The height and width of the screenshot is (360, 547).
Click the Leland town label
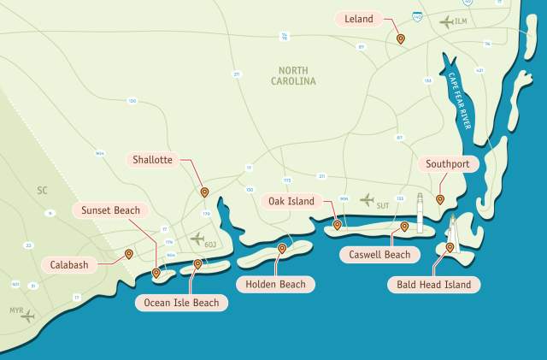tap(359, 18)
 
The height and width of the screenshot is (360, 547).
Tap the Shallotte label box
tap(153, 160)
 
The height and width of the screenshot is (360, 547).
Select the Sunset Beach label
tap(110, 210)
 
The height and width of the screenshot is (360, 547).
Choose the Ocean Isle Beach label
tap(181, 303)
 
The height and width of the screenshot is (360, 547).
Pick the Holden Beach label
tap(274, 284)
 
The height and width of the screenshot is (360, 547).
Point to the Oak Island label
tap(291, 202)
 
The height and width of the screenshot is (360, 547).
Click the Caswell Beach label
tap(379, 254)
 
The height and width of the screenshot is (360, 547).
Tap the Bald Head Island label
tap(433, 284)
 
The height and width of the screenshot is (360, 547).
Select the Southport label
tap(446, 164)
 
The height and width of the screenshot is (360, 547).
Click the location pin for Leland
tap(400, 38)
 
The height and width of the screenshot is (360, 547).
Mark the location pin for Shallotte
tap(203, 192)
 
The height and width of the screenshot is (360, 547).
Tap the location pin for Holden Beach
tap(282, 249)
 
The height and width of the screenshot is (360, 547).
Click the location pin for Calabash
tap(128, 254)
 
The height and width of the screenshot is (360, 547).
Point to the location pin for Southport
tap(439, 199)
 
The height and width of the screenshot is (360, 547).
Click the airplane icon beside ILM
tap(446, 22)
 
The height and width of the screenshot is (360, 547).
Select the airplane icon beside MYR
tap(27, 316)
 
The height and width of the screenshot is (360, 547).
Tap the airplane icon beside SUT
tap(367, 200)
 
